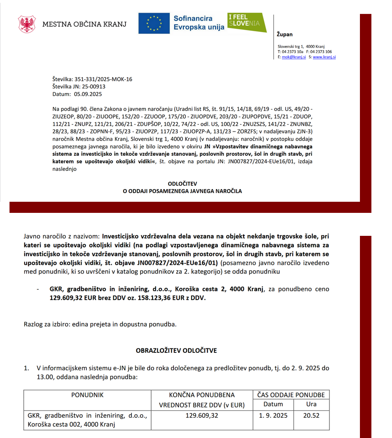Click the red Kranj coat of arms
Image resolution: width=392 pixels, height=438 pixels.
[x=27, y=24]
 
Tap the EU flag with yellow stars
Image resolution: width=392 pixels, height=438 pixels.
[x=154, y=23]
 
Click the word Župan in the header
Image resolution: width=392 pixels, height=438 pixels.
[x=285, y=34]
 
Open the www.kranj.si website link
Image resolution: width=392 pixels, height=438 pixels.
[x=324, y=57]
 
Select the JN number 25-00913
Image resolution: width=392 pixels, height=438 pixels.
[x=93, y=86]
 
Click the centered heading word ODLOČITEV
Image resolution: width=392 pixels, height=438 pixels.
[x=182, y=184]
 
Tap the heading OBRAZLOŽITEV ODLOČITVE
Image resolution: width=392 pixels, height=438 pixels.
[x=176, y=350]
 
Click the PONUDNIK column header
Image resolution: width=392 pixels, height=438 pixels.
[x=87, y=395]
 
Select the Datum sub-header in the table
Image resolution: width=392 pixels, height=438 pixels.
[x=273, y=404]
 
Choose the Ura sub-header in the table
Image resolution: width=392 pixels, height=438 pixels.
[x=311, y=404]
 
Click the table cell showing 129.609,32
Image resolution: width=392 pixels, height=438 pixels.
[x=202, y=416]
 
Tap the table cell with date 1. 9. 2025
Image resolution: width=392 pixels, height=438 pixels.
[x=273, y=416]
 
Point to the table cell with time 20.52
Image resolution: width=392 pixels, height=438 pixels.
[x=311, y=416]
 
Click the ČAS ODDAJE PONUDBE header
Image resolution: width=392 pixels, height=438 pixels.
[x=291, y=395]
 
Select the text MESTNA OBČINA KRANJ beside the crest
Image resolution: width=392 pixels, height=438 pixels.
[x=84, y=24]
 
